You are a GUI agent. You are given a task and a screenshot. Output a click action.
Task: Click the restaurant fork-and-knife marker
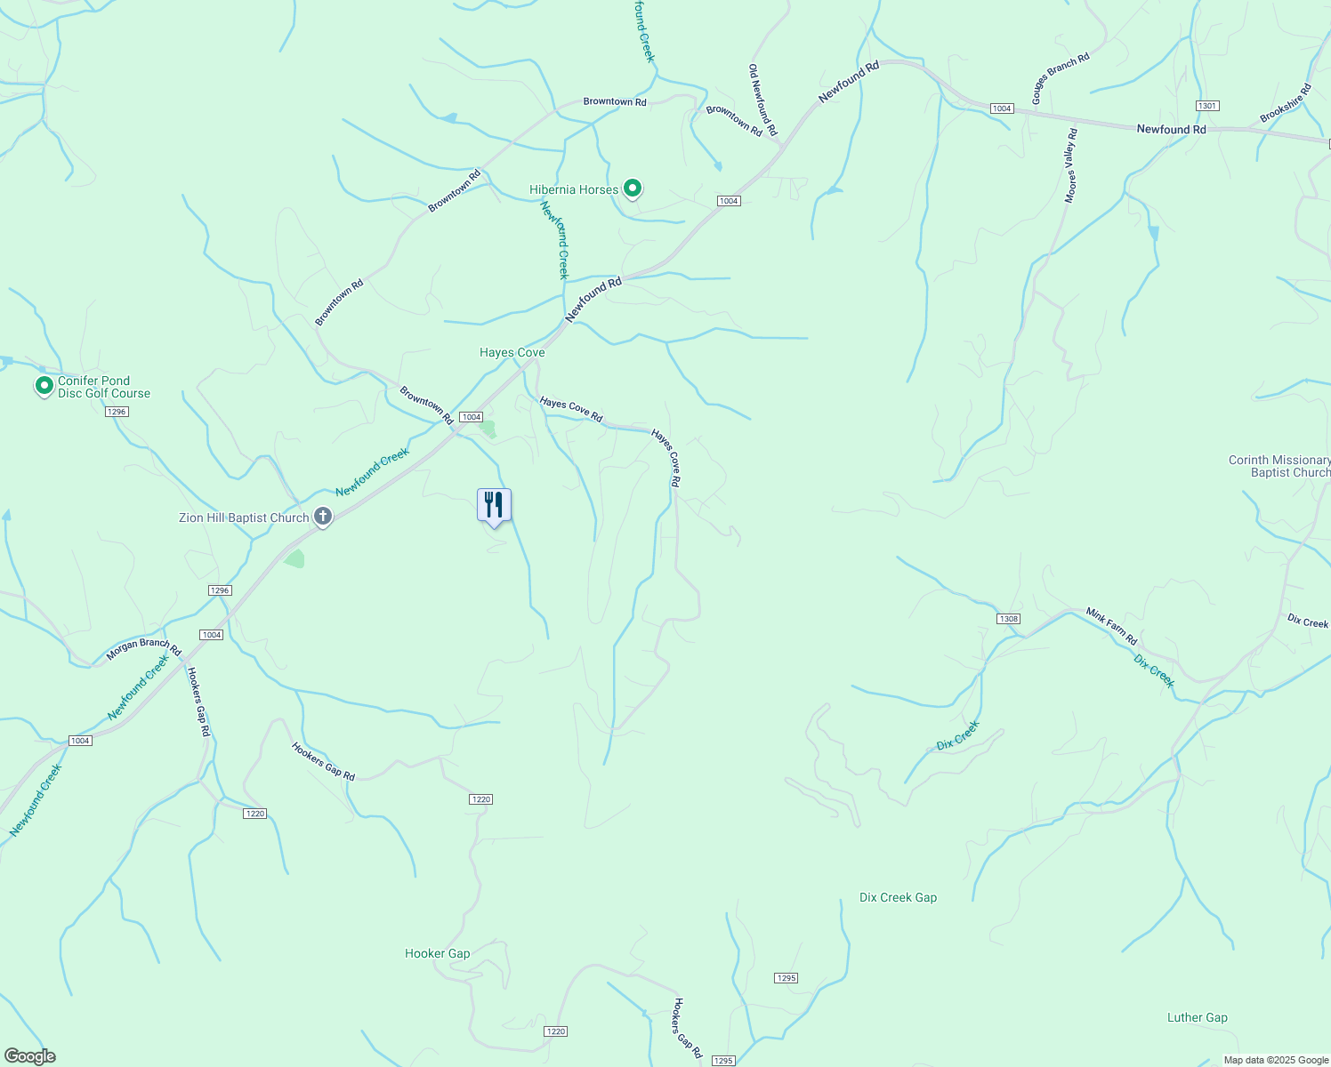494,505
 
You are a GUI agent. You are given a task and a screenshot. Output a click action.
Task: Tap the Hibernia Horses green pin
632,189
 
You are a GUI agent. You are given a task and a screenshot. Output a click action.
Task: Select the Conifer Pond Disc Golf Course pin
44,387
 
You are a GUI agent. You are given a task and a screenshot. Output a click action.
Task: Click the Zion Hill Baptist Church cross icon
323,517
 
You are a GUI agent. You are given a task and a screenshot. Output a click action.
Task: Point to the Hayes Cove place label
512,353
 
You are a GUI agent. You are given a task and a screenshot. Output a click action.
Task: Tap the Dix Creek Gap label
898,898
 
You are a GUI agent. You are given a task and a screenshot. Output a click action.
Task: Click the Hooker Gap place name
437,954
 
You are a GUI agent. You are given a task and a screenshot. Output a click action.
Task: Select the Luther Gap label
1197,1018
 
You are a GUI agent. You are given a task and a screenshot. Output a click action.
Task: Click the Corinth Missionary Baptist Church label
1279,467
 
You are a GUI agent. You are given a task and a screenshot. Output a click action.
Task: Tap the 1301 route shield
1206,106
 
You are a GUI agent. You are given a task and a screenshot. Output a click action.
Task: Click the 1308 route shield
1008,619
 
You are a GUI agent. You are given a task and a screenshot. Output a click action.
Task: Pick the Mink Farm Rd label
1111,626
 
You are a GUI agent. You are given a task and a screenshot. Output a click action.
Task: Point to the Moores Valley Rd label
1071,165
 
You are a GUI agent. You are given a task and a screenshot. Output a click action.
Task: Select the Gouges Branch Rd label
1061,79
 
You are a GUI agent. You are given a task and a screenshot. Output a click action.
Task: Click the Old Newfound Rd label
762,100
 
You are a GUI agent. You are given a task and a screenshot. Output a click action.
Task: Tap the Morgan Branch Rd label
143,649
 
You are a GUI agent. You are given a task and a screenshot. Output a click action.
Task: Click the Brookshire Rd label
1286,104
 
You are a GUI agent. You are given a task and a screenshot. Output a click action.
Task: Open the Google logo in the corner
29,1056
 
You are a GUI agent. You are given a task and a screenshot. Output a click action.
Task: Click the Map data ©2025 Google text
1275,1060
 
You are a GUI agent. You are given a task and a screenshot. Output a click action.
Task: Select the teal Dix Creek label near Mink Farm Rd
1154,671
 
